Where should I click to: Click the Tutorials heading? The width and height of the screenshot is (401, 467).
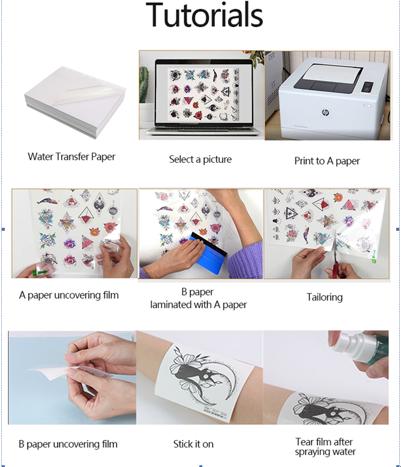coord(204,14)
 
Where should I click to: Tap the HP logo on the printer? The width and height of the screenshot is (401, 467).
coord(325,112)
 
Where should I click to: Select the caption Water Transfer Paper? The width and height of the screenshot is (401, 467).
coord(71,157)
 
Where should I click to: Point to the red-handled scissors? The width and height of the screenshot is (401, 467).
coord(335,253)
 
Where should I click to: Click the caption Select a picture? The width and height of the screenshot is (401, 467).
coord(200,159)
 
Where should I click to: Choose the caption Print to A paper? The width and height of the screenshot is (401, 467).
coord(327,161)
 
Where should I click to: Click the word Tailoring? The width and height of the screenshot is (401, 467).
coord(325,298)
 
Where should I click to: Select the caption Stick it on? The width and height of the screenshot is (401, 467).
coord(193,444)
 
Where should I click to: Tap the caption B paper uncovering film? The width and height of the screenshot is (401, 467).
coord(68,444)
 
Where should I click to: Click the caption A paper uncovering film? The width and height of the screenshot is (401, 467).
coord(68,295)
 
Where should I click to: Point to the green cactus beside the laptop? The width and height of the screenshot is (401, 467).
coord(143,85)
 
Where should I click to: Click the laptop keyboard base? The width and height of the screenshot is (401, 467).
coord(203,131)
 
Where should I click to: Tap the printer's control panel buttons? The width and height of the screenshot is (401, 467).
coord(367,87)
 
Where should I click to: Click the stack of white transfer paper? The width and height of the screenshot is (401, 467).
coord(75,101)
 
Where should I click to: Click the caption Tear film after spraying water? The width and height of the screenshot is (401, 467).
coord(325,447)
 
